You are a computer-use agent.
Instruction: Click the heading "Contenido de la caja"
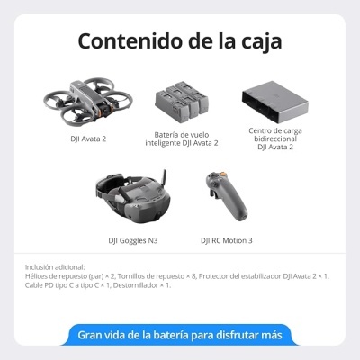(179, 41)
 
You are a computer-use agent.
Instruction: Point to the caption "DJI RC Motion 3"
(226, 240)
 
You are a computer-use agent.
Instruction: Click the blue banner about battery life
(179, 335)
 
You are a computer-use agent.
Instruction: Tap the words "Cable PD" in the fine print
(40, 284)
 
